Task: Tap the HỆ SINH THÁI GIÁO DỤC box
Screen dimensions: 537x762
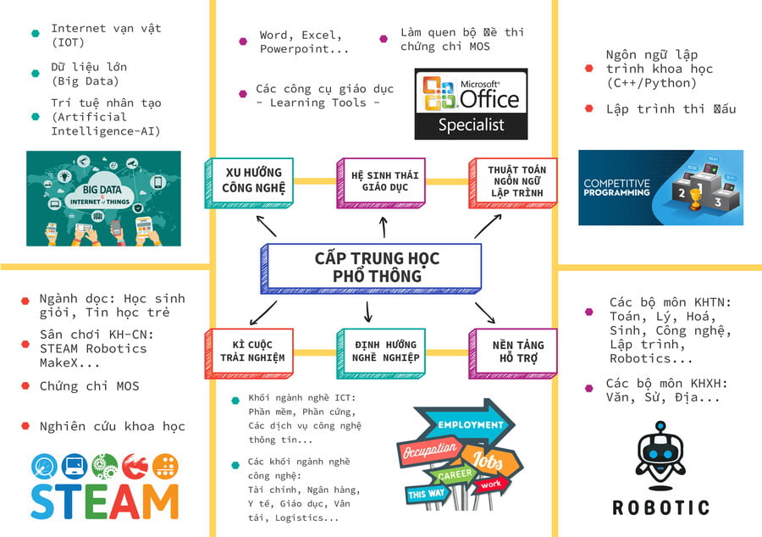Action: [379, 181]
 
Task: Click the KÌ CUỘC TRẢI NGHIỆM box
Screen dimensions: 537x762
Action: [247, 351]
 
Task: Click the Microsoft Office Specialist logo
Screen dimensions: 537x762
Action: [471, 103]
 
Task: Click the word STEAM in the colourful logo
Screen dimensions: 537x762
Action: [105, 499]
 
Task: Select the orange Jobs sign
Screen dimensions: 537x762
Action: [489, 462]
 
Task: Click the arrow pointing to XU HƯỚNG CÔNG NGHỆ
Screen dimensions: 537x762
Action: [266, 224]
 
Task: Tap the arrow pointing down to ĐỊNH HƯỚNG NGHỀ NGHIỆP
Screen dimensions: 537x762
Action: [367, 311]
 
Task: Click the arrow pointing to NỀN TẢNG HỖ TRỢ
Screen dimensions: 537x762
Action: [485, 312]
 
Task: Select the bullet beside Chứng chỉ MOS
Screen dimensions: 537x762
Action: [25, 387]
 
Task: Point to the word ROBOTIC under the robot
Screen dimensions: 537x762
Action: [660, 507]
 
